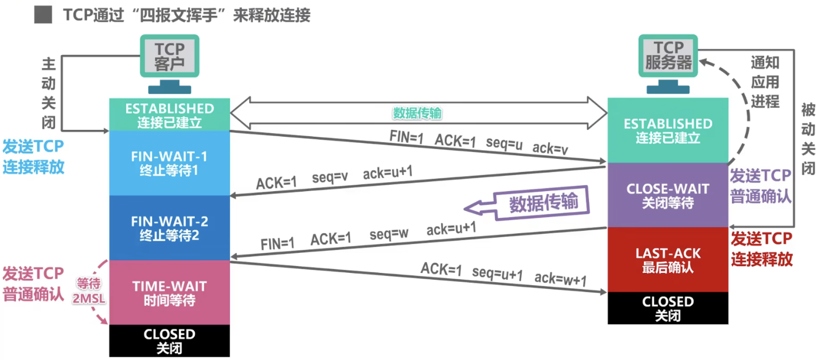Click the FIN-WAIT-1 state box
coord(169,163)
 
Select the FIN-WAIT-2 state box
coord(169,228)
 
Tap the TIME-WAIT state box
coord(169,292)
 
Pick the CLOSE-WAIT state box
coord(667,195)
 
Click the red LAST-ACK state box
coord(667,260)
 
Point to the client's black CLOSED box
coord(169,341)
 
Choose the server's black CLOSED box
coord(667,308)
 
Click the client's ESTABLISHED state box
coord(169,115)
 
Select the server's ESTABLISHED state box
coord(667,130)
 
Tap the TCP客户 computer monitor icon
coord(169,56)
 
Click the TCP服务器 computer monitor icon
coord(668,56)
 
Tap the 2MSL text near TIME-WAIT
coord(90,299)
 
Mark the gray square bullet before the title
coord(43,15)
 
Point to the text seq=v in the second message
coord(330,178)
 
